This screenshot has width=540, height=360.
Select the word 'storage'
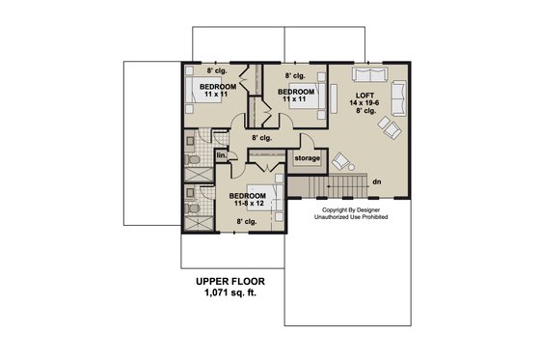tap(307, 157)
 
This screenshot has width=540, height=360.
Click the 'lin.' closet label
tap(220, 154)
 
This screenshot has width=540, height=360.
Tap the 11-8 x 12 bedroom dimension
tap(248, 204)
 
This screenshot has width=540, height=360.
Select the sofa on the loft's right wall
tap(398, 94)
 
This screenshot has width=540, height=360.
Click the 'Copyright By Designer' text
tap(348, 208)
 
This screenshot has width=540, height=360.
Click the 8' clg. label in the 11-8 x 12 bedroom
tap(248, 223)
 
